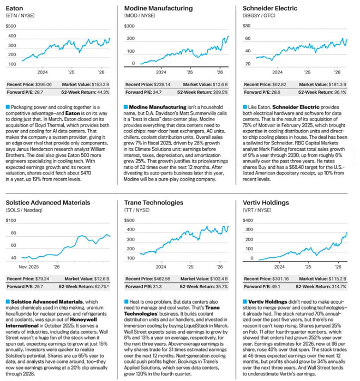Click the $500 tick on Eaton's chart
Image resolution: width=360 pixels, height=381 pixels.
tap(11, 35)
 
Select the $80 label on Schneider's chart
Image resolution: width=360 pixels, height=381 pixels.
tap(247, 26)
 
